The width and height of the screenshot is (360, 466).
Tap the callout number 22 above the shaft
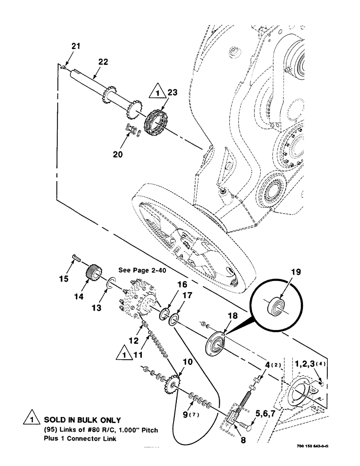(104, 62)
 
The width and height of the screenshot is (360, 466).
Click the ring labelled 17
(174, 319)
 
